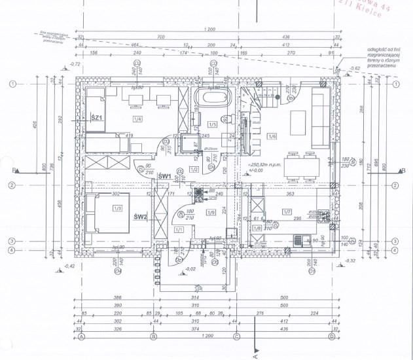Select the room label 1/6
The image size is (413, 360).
pos(272,135)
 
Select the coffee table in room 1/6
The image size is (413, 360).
pos(298,120)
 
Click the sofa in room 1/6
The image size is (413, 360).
pos(321,118)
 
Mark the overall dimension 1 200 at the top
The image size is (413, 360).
pos(209,29)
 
